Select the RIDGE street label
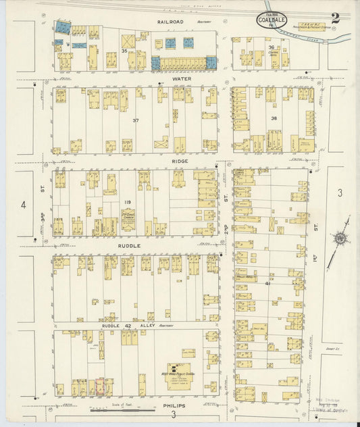point(179,162)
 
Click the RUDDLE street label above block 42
point(130,246)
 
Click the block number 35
point(124,51)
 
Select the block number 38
point(274,118)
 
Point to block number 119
point(126,202)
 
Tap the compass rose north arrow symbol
point(340,238)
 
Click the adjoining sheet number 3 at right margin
point(340,193)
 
